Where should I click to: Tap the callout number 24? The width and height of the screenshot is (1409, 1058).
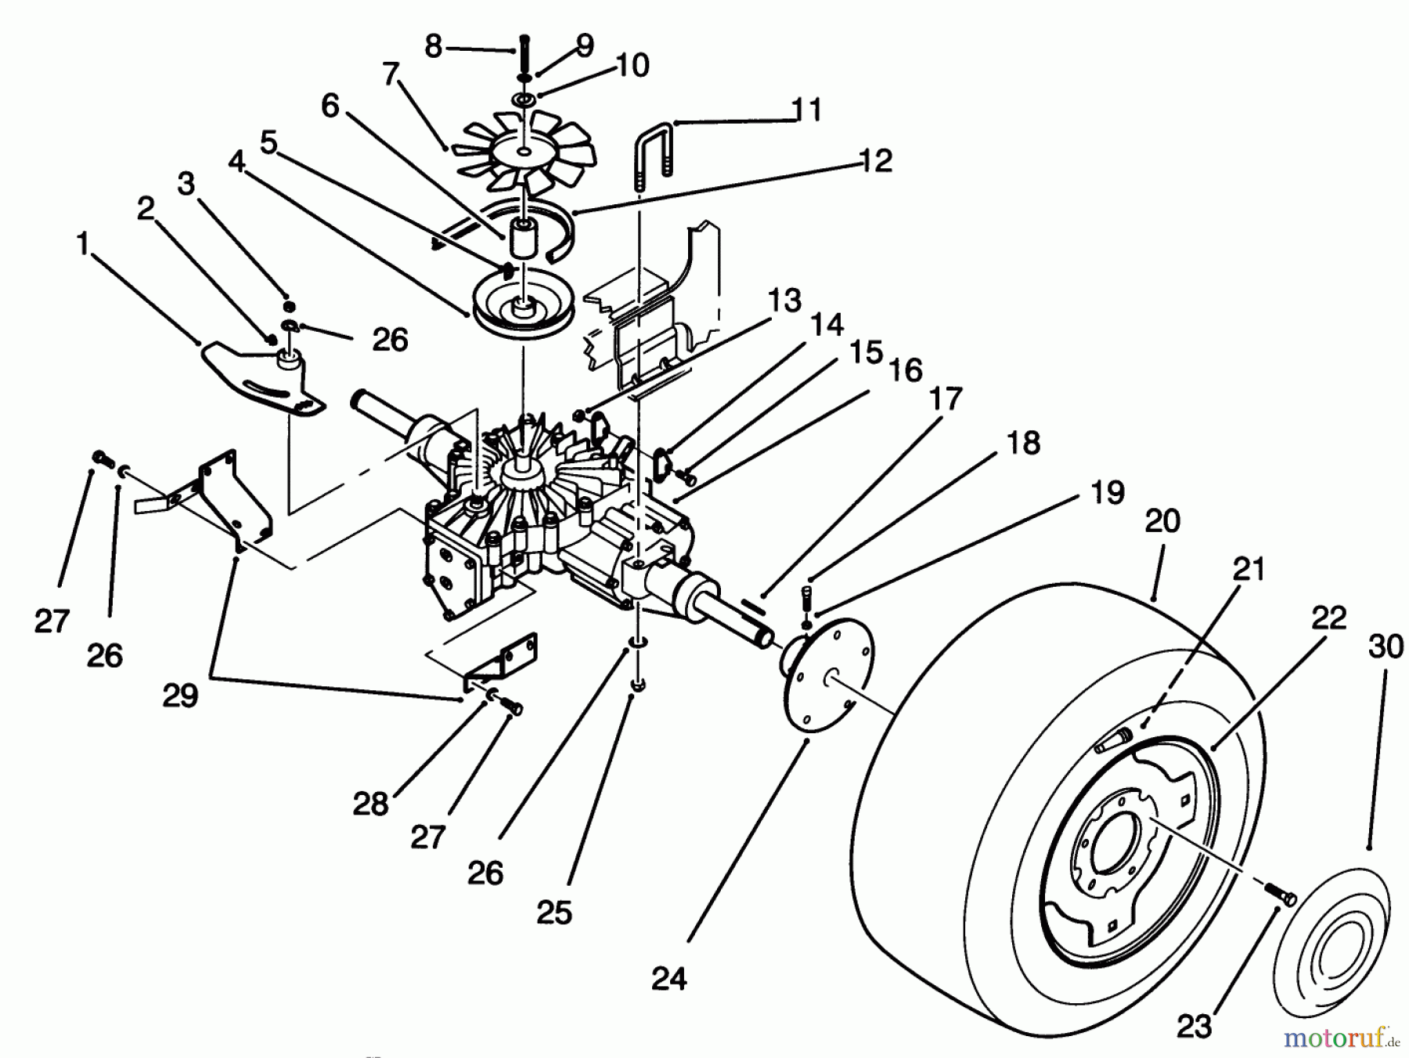[669, 978]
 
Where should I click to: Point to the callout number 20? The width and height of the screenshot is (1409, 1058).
[1162, 521]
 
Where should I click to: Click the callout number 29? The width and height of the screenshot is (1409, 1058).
[181, 695]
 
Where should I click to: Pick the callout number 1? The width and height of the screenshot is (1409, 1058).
[82, 243]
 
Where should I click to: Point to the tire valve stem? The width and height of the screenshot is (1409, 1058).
[1112, 740]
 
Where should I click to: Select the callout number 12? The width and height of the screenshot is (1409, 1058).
[874, 160]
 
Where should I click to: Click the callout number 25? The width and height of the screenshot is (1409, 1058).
[555, 912]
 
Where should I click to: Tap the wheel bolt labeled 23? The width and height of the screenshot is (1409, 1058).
[1279, 895]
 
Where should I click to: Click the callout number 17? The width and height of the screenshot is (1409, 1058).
[945, 399]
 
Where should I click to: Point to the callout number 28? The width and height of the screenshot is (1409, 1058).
[370, 804]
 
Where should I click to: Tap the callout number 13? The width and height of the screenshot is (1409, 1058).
[784, 300]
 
